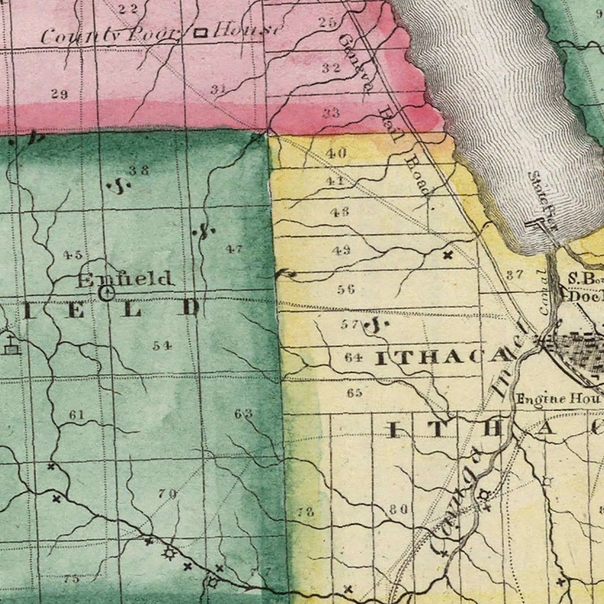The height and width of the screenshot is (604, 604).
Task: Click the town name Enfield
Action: [x=124, y=279]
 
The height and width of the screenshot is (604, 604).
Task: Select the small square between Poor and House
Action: [x=200, y=33]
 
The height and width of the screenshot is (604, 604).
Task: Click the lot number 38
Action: [x=139, y=170]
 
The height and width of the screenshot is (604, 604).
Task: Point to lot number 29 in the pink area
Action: [x=60, y=94]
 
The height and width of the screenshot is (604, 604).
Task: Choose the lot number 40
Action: [x=336, y=153]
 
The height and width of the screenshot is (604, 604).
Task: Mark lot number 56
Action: [x=346, y=289]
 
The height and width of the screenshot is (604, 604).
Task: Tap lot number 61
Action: [x=76, y=415]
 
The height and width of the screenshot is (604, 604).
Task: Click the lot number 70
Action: [x=167, y=493]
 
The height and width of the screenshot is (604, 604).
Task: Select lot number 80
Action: [x=399, y=509]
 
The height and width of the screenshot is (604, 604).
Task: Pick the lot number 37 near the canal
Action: [x=515, y=275]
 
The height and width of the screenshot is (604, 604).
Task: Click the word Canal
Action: [x=544, y=292]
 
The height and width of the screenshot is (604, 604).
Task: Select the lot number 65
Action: [x=354, y=393]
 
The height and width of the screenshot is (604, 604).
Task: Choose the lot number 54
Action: [x=162, y=345]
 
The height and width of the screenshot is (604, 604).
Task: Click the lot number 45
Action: [x=73, y=254]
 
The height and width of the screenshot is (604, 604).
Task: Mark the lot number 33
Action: [x=331, y=112]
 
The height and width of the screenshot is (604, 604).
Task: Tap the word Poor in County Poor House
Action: [x=151, y=35]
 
